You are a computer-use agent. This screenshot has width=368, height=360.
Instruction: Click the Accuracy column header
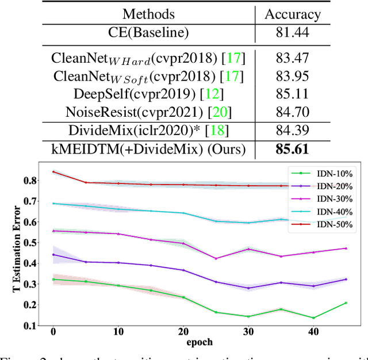(293, 14)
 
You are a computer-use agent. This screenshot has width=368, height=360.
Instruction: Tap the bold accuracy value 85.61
(293, 150)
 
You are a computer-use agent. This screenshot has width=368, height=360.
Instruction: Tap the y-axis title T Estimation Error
(17, 248)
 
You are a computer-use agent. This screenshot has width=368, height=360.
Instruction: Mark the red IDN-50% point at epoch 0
(53, 172)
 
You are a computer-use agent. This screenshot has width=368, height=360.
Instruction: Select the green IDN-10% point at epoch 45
(347, 302)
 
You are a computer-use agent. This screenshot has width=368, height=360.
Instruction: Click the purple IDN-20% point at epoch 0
(53, 254)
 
